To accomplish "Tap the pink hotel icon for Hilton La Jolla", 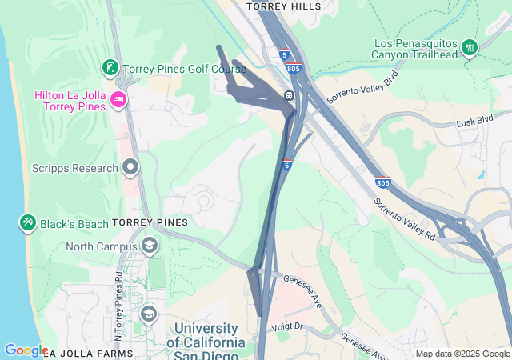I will (x=119, y=99).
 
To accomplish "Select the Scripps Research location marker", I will (x=130, y=168).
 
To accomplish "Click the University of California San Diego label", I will (x=206, y=335).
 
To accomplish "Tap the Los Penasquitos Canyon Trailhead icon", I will (x=470, y=48).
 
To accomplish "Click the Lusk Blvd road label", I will (x=474, y=120).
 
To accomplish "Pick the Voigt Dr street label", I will (x=289, y=326).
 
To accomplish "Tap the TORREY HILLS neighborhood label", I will (x=284, y=6).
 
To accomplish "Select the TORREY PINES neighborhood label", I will (x=150, y=222).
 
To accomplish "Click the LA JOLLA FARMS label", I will (x=80, y=353).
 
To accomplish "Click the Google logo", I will (x=26, y=350).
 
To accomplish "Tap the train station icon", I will (x=286, y=97).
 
